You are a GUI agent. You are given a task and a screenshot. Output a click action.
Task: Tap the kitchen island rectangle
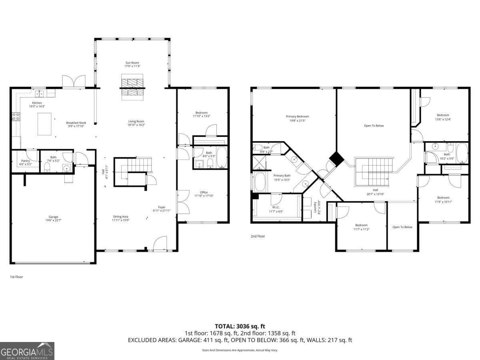[45, 124]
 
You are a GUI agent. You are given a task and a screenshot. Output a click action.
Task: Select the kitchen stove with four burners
[16, 117]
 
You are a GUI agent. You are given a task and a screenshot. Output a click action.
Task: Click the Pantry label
[26, 161]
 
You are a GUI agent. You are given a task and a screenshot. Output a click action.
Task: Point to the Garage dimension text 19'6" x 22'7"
[52, 220]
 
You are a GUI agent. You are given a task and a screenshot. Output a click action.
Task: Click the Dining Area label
[120, 217]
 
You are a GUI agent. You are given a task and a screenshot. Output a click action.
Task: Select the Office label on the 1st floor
[204, 192]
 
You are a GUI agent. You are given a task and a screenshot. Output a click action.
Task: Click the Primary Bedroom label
[297, 116]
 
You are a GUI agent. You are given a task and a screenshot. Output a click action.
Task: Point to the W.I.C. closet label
[276, 207]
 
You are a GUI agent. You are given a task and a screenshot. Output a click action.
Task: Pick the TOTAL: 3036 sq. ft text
[240, 326]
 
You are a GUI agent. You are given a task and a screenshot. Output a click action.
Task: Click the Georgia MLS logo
[27, 351]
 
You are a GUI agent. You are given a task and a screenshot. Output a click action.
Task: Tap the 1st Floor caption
[17, 276]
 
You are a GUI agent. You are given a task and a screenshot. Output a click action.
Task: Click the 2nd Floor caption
[258, 236]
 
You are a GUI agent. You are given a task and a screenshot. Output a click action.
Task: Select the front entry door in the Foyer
[160, 244]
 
